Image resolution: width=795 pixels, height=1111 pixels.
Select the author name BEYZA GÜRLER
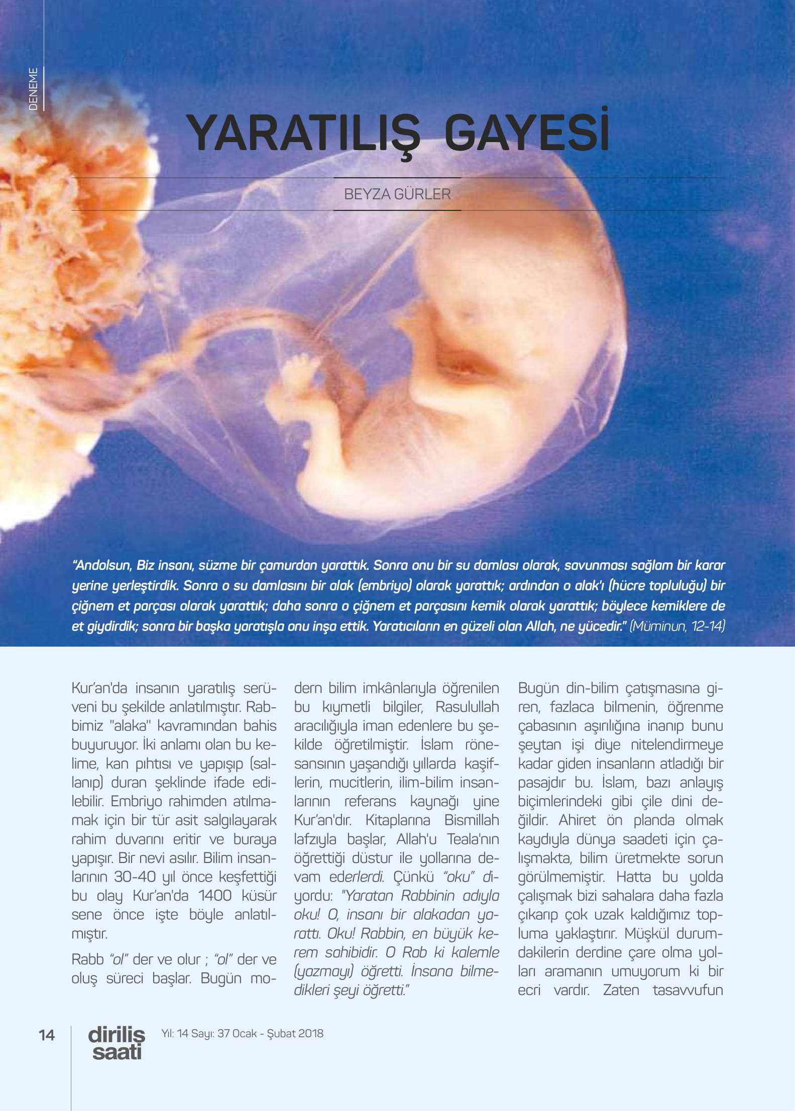397,194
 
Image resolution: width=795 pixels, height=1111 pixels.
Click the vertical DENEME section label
33,89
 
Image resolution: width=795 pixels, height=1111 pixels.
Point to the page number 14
47,1035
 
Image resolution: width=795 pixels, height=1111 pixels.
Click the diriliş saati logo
117,1043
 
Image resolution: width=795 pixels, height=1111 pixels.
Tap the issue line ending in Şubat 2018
242,1033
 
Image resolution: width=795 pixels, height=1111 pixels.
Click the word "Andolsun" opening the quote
102,565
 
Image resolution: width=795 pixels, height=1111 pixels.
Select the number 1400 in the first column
214,896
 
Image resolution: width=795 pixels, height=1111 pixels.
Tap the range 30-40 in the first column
135,877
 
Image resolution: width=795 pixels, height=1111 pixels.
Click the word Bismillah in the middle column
472,820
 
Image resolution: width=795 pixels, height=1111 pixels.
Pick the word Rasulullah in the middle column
467,707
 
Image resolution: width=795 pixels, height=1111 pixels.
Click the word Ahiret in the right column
577,820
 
